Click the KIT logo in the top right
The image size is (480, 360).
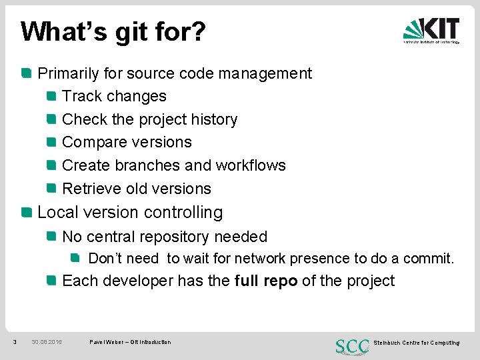coord(431,31)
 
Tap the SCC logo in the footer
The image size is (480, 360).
coord(351,345)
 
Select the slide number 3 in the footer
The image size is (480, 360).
coord(15,343)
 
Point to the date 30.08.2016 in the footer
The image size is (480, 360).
coord(47,343)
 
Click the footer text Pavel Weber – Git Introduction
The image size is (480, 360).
coord(130,343)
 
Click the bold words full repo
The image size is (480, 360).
coord(266,281)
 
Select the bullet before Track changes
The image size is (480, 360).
coord(51,97)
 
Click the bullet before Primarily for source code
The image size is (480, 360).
coord(26,73)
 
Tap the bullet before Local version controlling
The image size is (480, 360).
coord(26,213)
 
